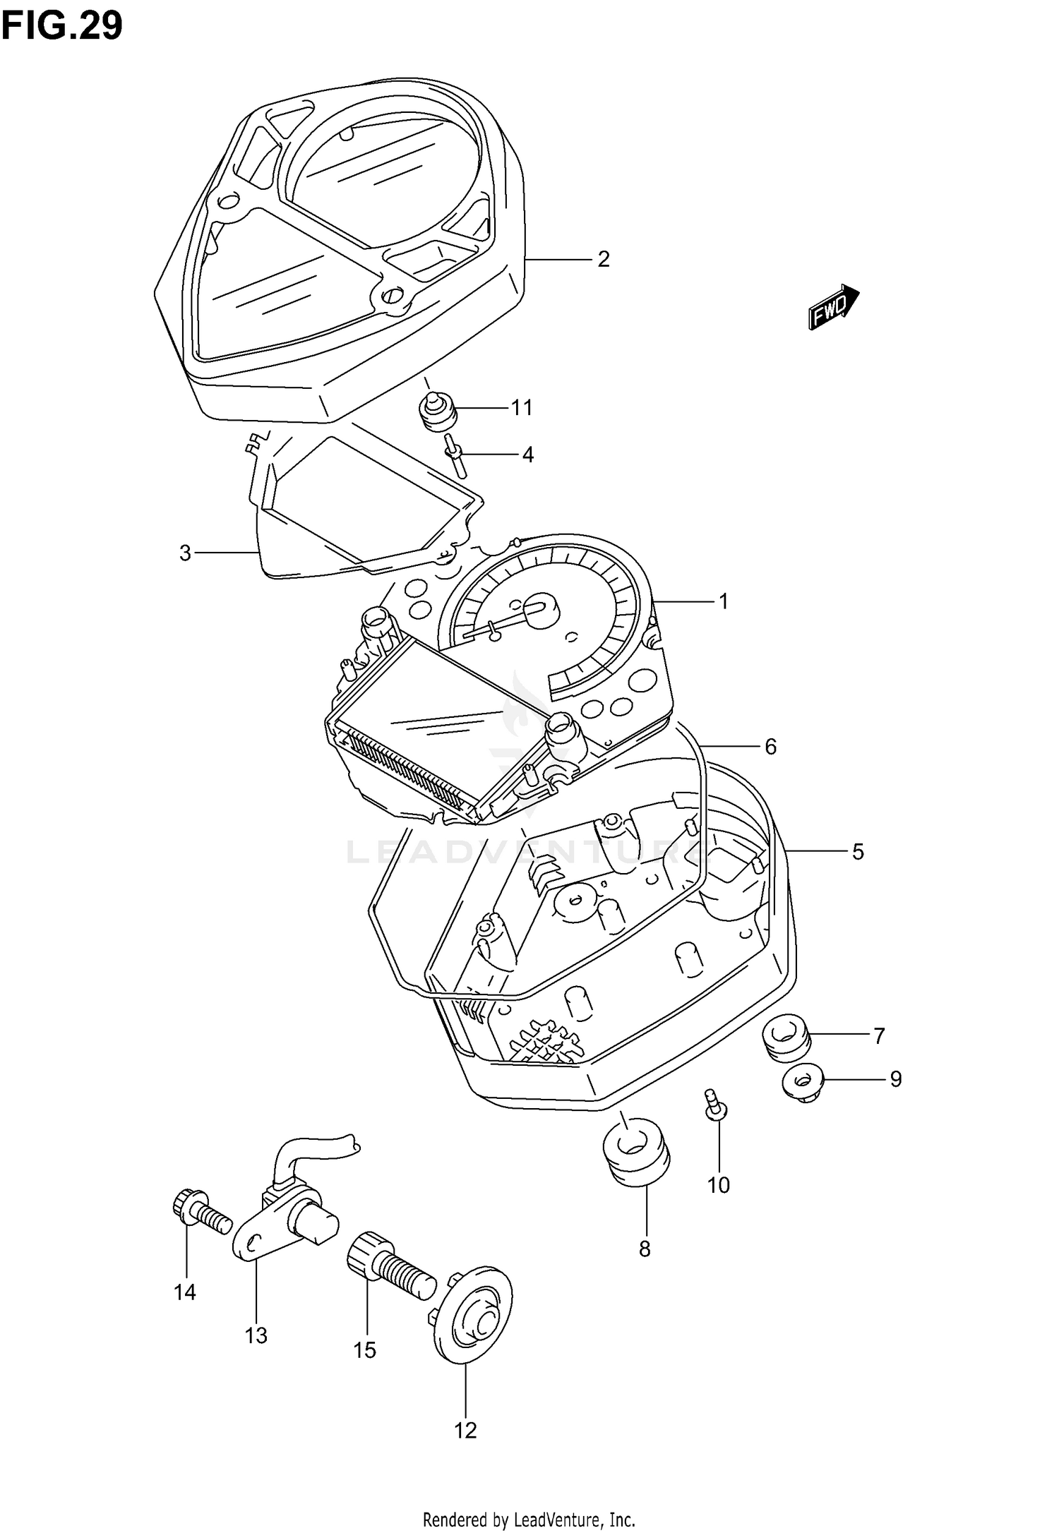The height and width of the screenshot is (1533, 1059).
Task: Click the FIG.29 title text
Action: point(62,27)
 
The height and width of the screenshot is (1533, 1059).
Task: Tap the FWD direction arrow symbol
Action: point(833,307)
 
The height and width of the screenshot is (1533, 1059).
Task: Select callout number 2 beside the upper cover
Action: point(603,260)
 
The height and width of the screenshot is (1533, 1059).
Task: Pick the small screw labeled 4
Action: point(455,456)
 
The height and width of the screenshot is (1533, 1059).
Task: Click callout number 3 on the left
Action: point(185,553)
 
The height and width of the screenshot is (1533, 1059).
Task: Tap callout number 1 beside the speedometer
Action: point(723,601)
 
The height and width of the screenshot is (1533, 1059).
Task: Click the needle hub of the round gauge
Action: point(541,607)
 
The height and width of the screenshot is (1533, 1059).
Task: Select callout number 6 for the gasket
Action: point(770,747)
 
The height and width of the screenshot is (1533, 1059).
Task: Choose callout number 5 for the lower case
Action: point(857,852)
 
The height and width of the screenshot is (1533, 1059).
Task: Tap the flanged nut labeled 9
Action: point(803,1081)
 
